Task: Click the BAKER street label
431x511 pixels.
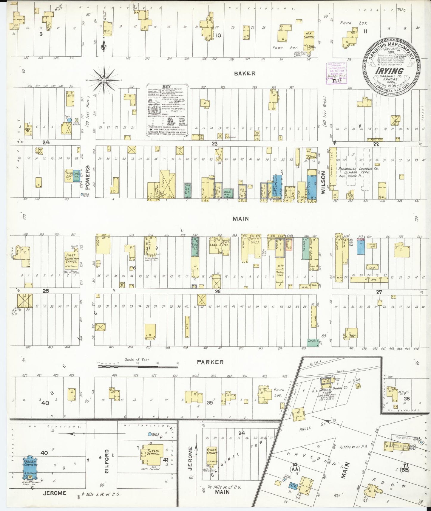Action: (x=245, y=73)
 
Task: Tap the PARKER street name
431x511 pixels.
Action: (x=210, y=362)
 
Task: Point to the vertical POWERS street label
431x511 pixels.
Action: (x=88, y=178)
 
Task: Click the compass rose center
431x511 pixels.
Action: (x=103, y=80)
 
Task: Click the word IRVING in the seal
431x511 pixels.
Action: (x=389, y=71)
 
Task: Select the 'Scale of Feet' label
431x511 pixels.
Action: (x=137, y=360)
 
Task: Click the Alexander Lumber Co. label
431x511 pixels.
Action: (x=358, y=169)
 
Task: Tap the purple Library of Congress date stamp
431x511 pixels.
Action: (x=336, y=73)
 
